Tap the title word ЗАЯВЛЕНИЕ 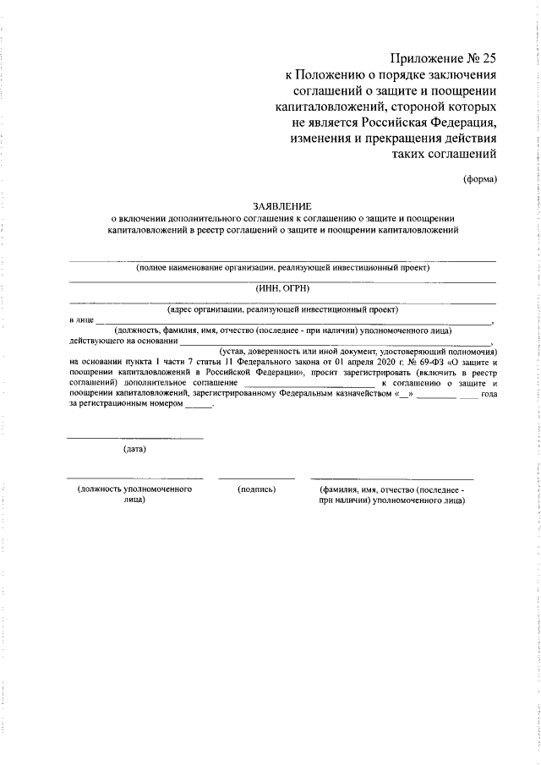coord(282,205)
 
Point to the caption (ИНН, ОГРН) coord(282,289)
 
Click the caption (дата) coord(134,449)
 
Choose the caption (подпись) coord(256,489)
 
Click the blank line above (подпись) coord(256,478)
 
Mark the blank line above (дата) coord(134,438)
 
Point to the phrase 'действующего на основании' coord(123,341)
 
